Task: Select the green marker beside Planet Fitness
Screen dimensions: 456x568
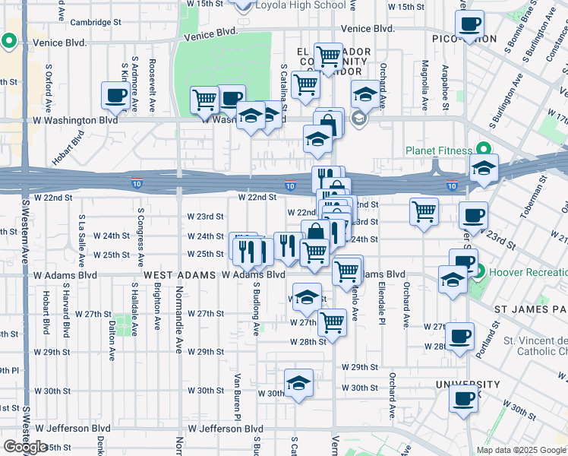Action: pyautogui.click(x=481, y=148)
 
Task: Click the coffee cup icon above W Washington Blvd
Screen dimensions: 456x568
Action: pyautogui.click(x=117, y=96)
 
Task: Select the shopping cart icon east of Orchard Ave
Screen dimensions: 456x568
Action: pyautogui.click(x=424, y=211)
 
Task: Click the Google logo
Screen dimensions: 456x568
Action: pyautogui.click(x=25, y=447)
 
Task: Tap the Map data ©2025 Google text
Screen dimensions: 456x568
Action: pyautogui.click(x=521, y=450)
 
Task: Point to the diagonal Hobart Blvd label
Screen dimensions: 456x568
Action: pyautogui.click(x=68, y=151)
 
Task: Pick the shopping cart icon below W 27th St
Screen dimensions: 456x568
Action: pyautogui.click(x=332, y=322)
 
